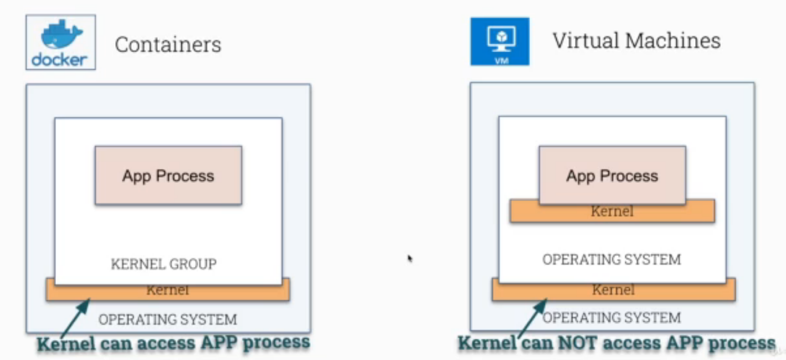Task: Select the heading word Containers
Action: [x=168, y=44]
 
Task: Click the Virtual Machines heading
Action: [x=636, y=40]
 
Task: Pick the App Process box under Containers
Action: [x=168, y=176]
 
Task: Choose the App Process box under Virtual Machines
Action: [x=612, y=176]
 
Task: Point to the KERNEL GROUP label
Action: [x=164, y=264]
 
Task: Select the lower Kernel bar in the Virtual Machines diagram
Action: [x=613, y=290]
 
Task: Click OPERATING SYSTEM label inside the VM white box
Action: [x=612, y=259]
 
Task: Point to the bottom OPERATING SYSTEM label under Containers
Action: [x=167, y=320]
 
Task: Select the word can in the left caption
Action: [x=116, y=343]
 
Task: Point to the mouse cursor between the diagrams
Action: [x=410, y=258]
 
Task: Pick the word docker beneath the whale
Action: [x=59, y=59]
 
